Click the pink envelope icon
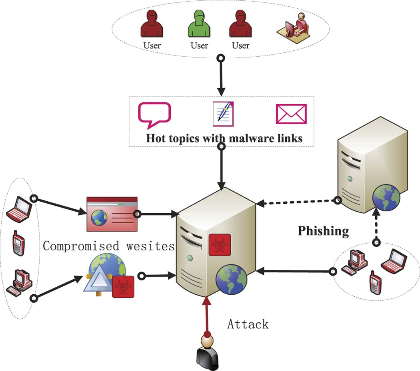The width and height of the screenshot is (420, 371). (291, 114)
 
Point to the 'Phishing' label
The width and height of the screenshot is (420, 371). (323, 231)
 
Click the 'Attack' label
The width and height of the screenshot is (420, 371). (248, 323)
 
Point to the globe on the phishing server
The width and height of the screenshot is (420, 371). (386, 198)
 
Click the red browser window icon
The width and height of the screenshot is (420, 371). (112, 214)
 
